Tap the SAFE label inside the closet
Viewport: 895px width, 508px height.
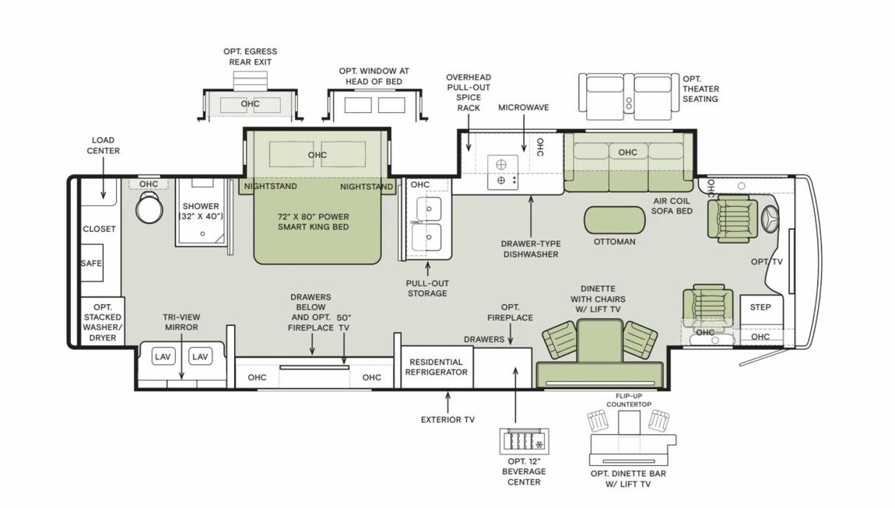click(91, 264)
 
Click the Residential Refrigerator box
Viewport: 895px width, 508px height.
click(436, 366)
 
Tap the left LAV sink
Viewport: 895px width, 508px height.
click(163, 356)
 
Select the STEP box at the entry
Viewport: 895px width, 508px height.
click(760, 307)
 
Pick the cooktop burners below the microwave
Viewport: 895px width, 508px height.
click(503, 172)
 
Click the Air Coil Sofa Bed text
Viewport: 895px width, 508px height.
click(672, 205)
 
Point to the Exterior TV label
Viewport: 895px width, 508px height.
click(447, 419)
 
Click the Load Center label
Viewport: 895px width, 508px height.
click(103, 145)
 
